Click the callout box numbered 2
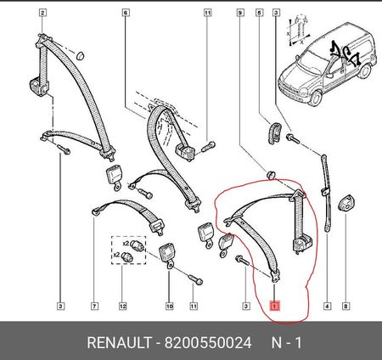42,13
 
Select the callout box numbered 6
126,13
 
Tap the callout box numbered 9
240,13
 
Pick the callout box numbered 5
259,13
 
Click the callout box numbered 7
94,306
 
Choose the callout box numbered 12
122,306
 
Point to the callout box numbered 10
169,306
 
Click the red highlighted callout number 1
275,306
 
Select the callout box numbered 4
327,306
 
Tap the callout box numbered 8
345,306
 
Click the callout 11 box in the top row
208,13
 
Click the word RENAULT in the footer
119,343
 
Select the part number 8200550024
208,343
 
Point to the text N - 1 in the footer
287,343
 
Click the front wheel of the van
316,98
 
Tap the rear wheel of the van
366,71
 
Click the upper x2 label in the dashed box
126,243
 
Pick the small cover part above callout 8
346,202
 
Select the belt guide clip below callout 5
274,132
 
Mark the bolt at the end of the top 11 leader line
209,147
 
